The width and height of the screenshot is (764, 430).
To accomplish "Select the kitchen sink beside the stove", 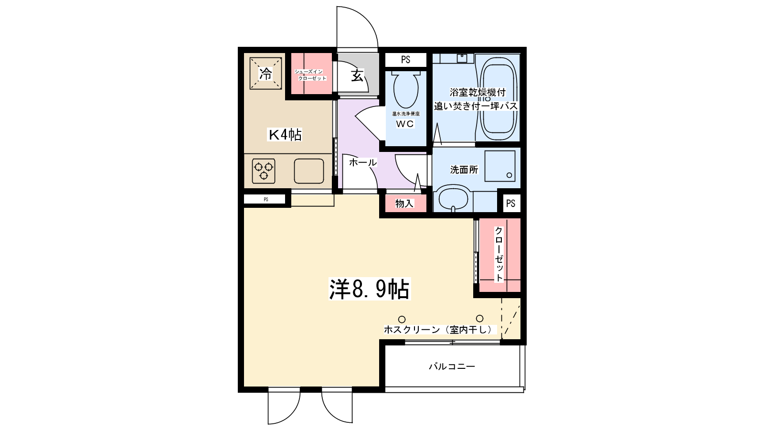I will [309, 171].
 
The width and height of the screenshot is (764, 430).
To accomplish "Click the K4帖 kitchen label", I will [285, 135].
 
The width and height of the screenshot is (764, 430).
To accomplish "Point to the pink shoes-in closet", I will [311, 75].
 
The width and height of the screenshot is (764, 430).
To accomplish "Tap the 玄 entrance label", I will [357, 75].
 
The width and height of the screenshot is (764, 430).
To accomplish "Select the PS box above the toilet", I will [405, 60].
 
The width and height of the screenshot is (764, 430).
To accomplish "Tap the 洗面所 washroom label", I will [464, 170].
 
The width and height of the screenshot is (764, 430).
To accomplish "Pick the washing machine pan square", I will [500, 166].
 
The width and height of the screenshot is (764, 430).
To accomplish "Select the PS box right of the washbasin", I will [510, 204].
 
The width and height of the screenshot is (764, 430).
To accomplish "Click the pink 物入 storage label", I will [404, 204].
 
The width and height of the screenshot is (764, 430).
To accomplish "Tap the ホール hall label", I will [362, 162].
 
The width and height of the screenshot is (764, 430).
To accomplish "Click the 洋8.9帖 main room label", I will [369, 289].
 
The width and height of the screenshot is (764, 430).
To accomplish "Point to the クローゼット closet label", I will [499, 254].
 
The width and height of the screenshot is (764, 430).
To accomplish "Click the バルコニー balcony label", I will [452, 366].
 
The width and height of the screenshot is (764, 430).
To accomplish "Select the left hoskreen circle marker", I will [402, 319].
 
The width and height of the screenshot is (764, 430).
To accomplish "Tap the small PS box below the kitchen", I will [265, 199].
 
